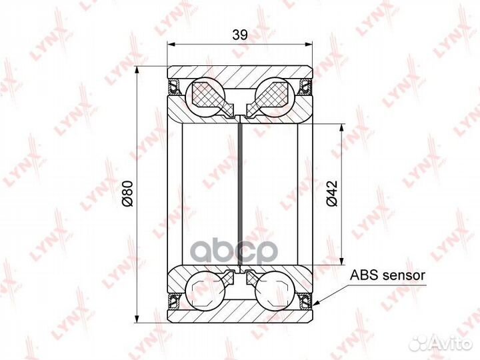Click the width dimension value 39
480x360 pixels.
240,35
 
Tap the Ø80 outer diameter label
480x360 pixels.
127,194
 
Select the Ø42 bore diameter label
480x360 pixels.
332,193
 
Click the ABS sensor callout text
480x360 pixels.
387,275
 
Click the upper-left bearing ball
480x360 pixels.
205,97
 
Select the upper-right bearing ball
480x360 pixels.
275,97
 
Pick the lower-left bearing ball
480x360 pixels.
205,291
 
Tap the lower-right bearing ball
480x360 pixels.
275,291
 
